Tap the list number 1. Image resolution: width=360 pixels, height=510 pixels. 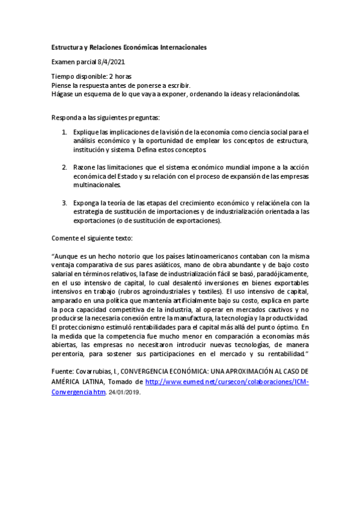click(x=65, y=132)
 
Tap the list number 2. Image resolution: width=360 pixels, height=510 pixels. click(x=65, y=165)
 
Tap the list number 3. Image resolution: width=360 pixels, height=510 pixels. click(x=65, y=203)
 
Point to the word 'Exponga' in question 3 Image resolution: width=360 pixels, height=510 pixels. click(x=87, y=203)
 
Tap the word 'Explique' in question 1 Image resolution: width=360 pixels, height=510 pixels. click(x=87, y=132)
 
